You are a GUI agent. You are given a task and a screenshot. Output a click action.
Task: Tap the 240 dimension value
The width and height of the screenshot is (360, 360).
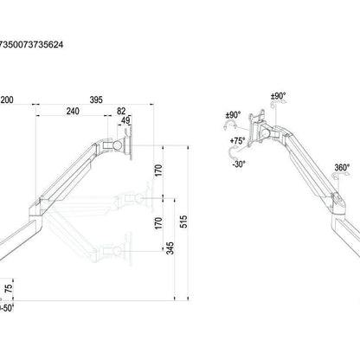click(71, 112)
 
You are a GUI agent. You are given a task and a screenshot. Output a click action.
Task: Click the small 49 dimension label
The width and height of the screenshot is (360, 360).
click(126, 120)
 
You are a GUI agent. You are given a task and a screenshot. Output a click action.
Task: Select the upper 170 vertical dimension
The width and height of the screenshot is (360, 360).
click(157, 170)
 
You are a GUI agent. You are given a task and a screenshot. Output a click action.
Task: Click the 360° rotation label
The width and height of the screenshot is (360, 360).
click(341, 169)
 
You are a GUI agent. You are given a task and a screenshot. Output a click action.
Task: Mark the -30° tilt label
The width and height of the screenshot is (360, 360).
click(240, 164)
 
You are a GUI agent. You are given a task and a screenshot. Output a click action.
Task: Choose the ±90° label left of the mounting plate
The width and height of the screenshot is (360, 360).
click(233, 113)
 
